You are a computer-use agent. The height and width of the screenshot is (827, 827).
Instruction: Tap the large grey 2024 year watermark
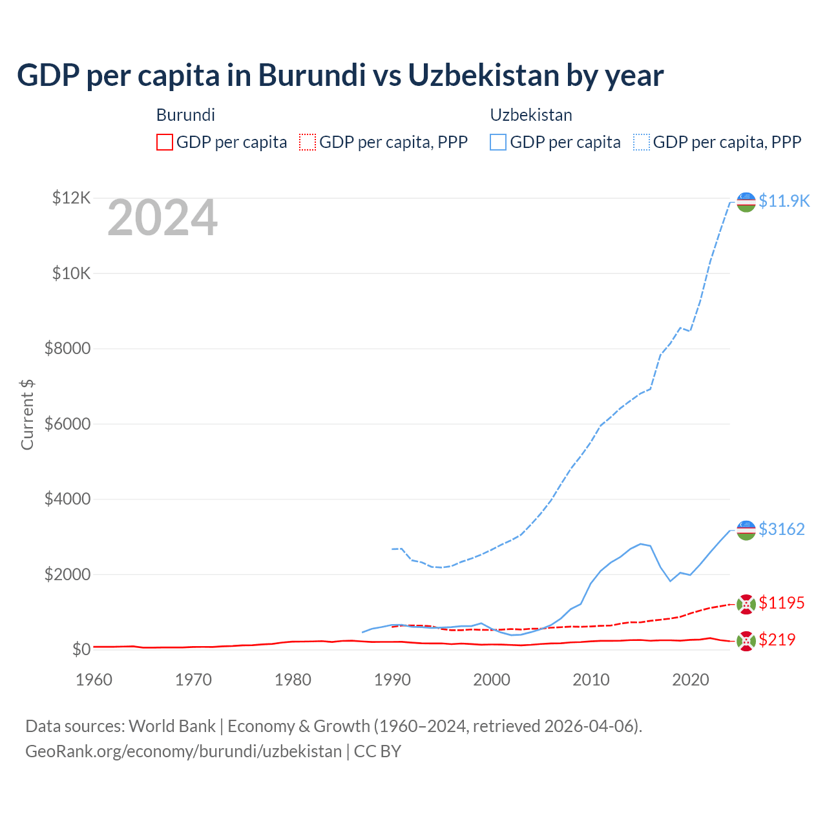tap(162, 218)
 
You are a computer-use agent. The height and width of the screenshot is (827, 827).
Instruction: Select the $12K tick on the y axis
tap(71, 198)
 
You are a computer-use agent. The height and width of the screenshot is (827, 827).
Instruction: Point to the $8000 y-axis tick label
tap(67, 349)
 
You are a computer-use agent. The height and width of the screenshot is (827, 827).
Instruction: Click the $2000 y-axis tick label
tap(67, 574)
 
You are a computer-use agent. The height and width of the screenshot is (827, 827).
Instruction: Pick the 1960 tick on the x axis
tap(94, 680)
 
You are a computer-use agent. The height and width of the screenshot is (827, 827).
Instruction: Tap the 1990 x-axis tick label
tap(392, 680)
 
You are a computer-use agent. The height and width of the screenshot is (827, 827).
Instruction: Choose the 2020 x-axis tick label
tap(691, 680)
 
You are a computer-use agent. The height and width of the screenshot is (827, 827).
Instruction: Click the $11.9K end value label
tap(784, 201)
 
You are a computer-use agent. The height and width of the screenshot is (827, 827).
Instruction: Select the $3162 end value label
tap(782, 529)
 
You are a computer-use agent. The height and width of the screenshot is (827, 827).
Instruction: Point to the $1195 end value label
tap(782, 603)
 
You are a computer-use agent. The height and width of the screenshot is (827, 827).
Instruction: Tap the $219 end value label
tap(777, 640)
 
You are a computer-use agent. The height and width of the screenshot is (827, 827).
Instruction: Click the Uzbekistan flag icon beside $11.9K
tap(746, 202)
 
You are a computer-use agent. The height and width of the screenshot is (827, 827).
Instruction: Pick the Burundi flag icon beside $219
tap(746, 641)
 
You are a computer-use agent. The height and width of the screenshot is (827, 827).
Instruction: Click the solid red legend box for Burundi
tap(165, 142)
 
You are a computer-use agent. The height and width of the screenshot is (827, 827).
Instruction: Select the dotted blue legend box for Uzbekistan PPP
tap(642, 142)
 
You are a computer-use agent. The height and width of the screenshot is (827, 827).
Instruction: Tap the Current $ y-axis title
tap(27, 415)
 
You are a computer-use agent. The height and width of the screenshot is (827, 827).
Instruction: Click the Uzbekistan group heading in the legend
tap(531, 115)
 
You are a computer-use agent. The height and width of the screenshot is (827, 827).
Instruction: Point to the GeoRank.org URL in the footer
tap(183, 751)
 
